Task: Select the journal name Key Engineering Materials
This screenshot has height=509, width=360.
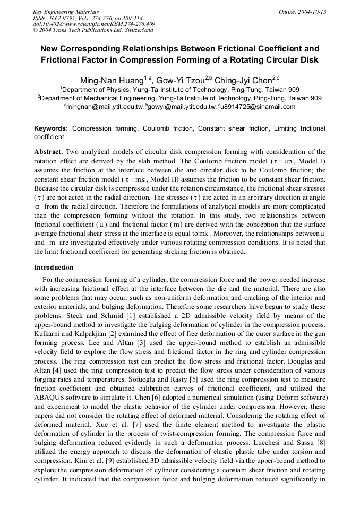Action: (x=66, y=12)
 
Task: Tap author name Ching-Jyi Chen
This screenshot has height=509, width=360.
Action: (x=243, y=81)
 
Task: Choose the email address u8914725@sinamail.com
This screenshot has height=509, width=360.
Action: (x=263, y=107)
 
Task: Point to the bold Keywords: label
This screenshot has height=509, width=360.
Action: (x=51, y=128)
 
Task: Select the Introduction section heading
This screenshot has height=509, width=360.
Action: (x=54, y=268)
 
